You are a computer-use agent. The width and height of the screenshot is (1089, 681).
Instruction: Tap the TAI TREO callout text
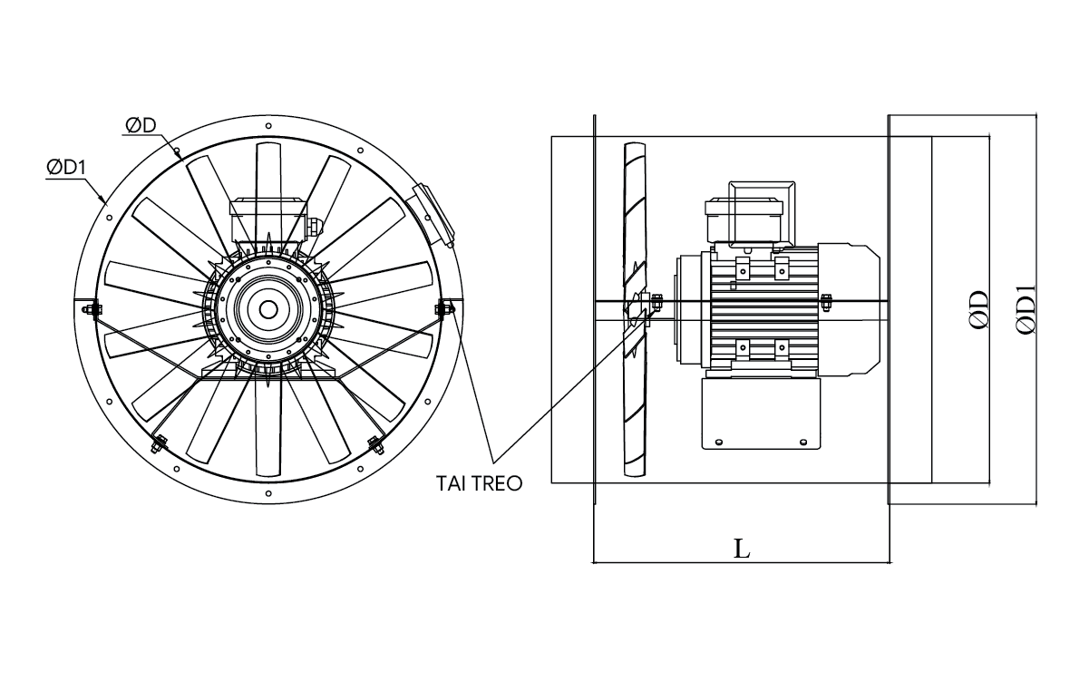coord(481,483)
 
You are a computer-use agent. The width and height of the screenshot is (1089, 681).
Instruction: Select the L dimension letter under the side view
coord(742,549)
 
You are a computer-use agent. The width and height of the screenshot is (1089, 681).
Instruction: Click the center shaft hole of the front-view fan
coord(268,309)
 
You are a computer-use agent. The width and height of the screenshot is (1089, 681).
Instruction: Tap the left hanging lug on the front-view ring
coord(87,308)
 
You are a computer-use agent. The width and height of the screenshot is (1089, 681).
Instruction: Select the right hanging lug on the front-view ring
coord(444,308)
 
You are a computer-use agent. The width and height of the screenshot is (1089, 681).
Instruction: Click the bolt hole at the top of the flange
coord(268,125)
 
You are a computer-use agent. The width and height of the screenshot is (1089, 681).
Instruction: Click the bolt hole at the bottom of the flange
coord(268,493)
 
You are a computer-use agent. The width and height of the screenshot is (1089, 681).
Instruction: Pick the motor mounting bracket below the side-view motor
coord(760,413)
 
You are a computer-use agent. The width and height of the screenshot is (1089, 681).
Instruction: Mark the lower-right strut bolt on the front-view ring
coord(374,443)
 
